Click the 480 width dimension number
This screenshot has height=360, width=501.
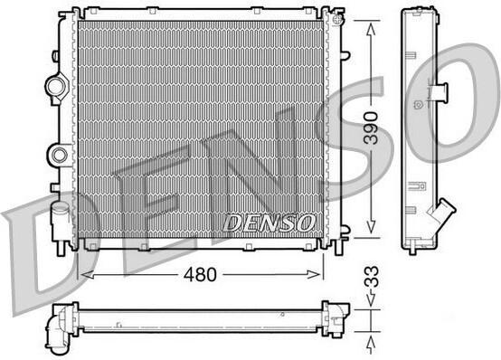tap(200, 274)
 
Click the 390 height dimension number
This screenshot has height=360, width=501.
tap(372, 128)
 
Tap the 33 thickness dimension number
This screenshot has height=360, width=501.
tap(372, 276)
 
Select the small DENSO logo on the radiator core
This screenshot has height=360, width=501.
tap(269, 223)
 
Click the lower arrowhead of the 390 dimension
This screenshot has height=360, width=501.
tap(371, 227)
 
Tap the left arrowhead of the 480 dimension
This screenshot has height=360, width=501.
tap(87, 274)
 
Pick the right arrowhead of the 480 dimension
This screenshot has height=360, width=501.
tap(313, 274)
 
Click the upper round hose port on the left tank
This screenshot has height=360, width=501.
tap(56, 86)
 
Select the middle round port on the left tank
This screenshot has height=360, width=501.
tap(60, 155)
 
